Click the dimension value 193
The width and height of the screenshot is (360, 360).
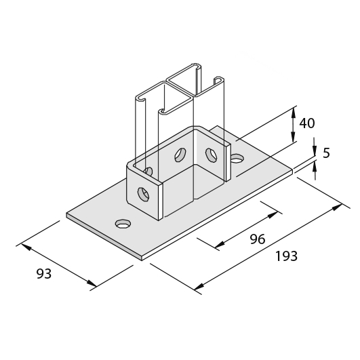286,256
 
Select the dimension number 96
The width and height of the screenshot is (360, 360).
258,239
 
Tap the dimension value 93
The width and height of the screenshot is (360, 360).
44,274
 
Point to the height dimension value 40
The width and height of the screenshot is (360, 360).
307,123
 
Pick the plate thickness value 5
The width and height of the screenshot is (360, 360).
326,153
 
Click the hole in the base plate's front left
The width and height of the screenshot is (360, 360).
123,224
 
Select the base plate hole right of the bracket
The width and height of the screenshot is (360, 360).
237,159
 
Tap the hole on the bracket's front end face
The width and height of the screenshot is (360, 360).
144,194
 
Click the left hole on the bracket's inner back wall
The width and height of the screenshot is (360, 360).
180,155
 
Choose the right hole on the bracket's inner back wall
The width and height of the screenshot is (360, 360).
211,155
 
